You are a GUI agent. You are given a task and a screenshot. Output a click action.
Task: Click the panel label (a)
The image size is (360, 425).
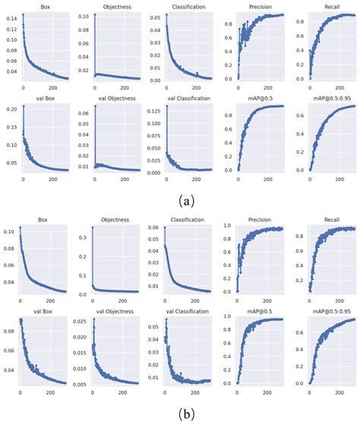180,200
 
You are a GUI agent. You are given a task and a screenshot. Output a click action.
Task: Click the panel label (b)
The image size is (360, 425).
180,414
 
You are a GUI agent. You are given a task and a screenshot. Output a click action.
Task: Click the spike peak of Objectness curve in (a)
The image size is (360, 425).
93,16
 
